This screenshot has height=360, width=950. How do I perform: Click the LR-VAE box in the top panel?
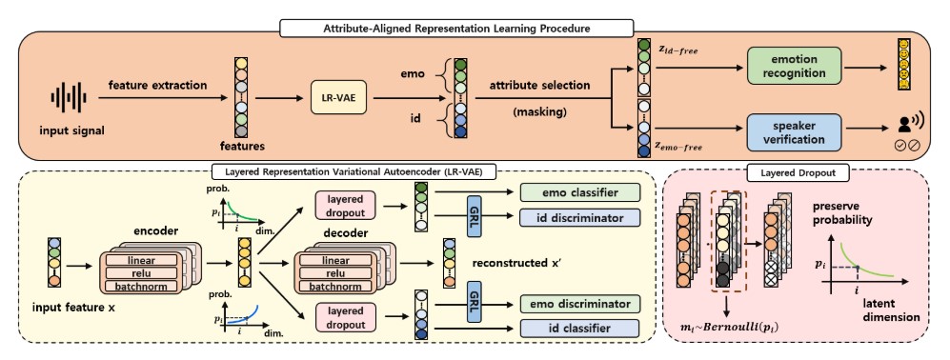click(339, 97)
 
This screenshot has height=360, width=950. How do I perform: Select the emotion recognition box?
click(795, 66)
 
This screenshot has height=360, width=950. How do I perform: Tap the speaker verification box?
click(795, 132)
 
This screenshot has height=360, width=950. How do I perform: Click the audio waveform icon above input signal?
click(69, 97)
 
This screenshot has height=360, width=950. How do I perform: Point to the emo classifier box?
click(580, 192)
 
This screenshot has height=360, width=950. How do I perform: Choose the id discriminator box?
click(580, 217)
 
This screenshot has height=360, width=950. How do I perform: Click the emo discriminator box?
click(580, 304)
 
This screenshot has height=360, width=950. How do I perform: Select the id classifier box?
click(580, 329)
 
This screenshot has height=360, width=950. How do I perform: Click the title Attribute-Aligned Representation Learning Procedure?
click(456, 28)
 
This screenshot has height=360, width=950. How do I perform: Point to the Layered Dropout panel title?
click(798, 173)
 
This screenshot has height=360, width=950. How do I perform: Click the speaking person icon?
click(908, 124)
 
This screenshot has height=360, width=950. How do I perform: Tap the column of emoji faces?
click(903, 65)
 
